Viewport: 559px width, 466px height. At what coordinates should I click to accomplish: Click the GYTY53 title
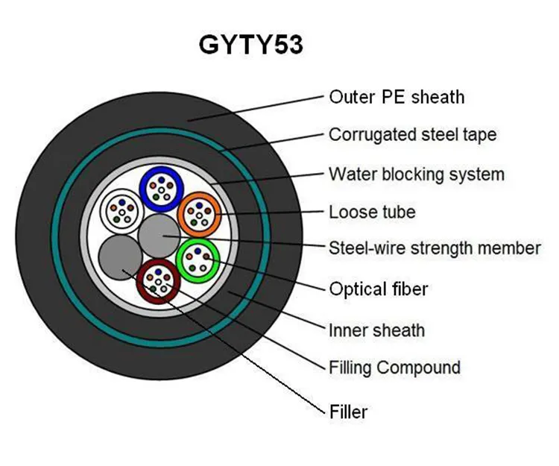(x=250, y=45)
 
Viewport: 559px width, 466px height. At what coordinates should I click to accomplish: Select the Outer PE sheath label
(x=396, y=97)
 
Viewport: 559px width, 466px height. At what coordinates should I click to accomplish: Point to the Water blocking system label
(x=416, y=174)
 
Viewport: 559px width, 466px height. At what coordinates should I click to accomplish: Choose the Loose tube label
(x=372, y=212)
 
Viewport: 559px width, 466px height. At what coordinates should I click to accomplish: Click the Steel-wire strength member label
(x=435, y=248)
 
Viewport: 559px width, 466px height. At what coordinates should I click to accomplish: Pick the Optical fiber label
(x=378, y=289)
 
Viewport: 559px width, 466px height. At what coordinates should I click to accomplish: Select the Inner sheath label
(x=376, y=329)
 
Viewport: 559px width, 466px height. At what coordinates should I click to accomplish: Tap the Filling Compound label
(x=394, y=368)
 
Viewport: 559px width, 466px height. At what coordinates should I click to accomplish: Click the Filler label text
(x=348, y=411)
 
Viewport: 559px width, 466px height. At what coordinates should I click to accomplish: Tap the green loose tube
(x=198, y=259)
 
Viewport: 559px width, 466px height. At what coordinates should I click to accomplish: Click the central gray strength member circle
(x=159, y=235)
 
